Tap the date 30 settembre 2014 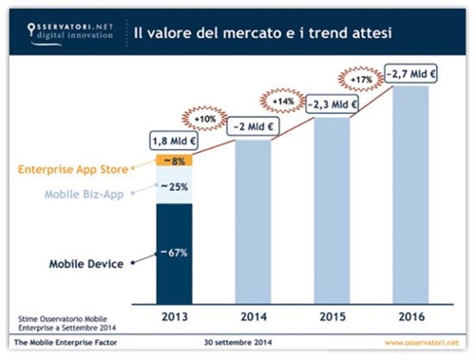(x=236, y=341)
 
